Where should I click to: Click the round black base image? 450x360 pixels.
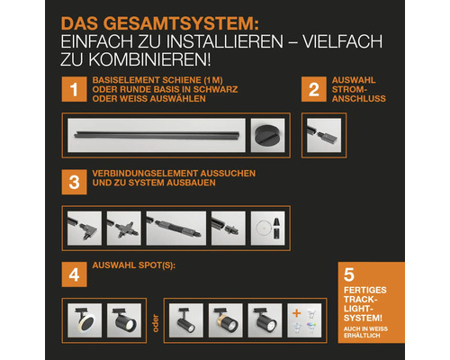(265, 132)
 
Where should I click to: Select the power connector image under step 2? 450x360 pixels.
(319, 132)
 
